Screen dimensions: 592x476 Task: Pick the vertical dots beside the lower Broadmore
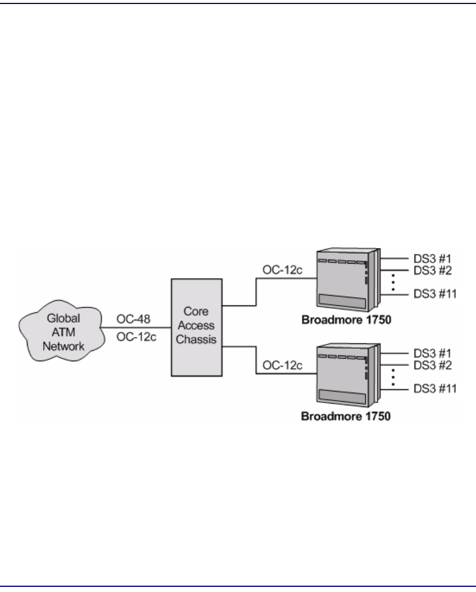393,377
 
